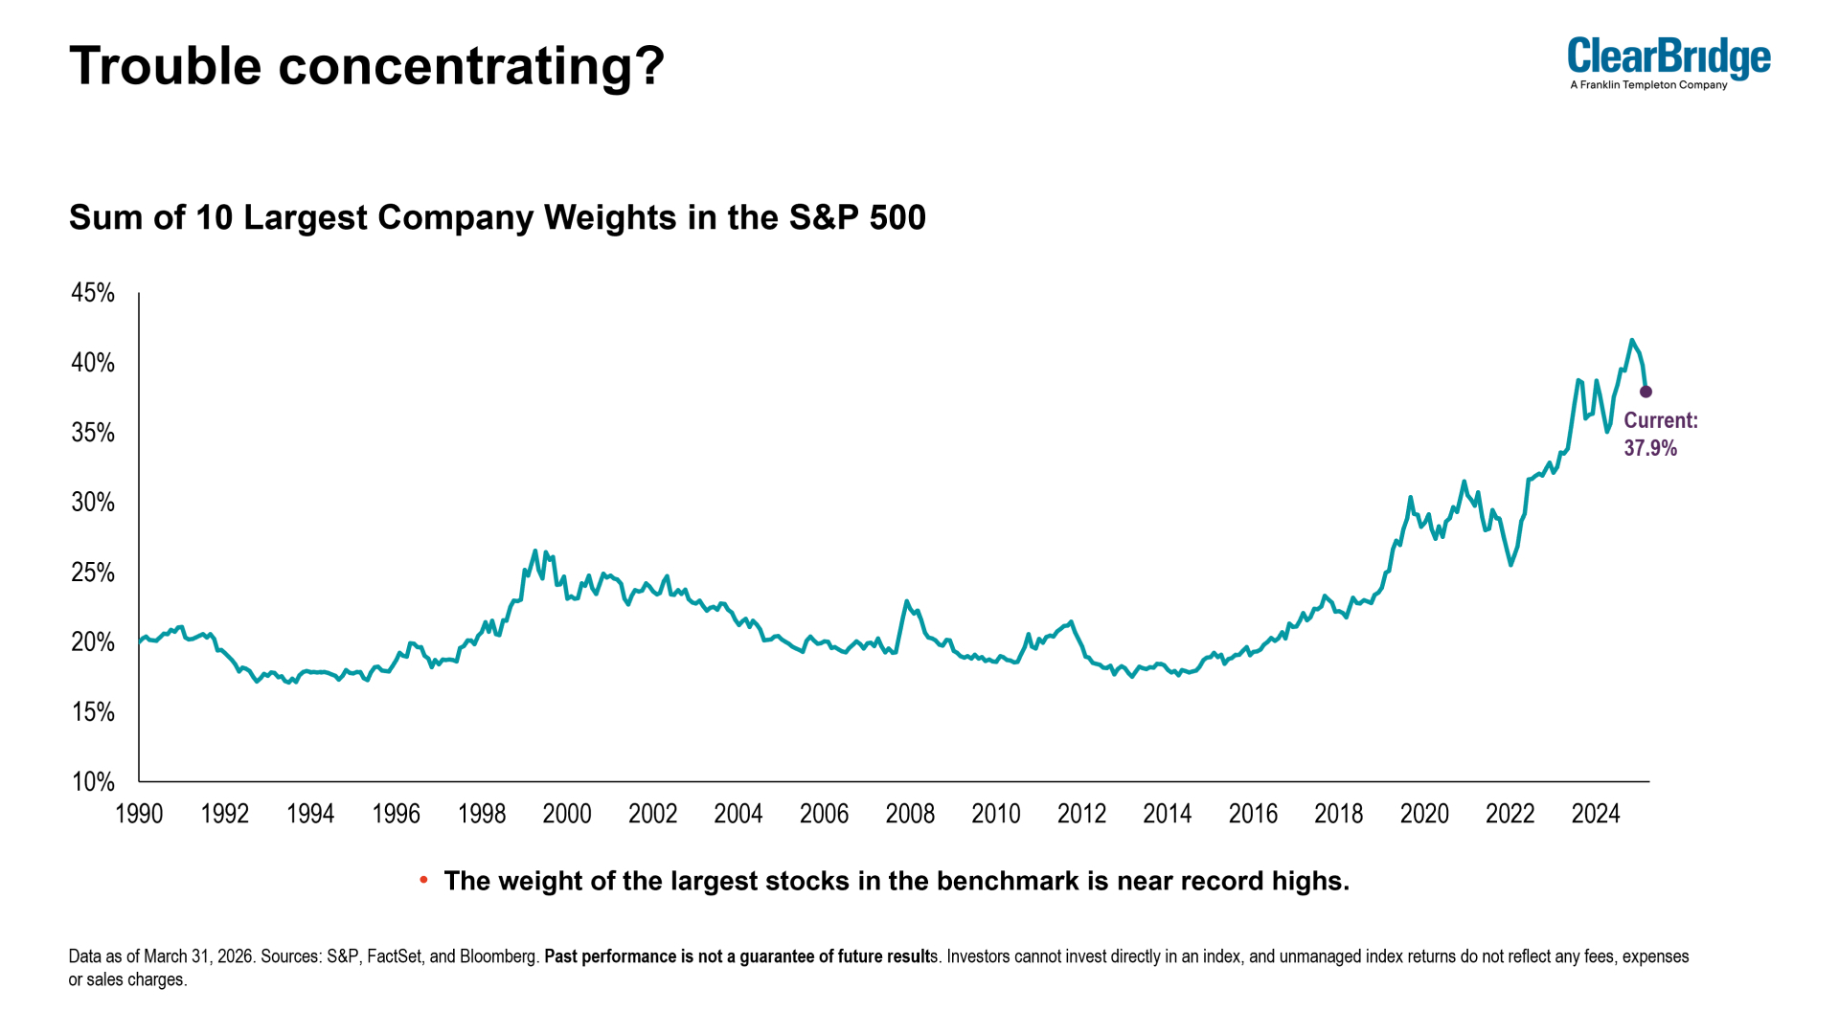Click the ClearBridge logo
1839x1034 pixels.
[x=1669, y=63]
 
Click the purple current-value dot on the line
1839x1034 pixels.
[x=1646, y=392]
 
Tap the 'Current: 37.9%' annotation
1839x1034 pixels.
[x=1661, y=435]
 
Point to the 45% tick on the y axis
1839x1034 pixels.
[x=93, y=293]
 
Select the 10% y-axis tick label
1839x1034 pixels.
[x=93, y=782]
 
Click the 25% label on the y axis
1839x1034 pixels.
[x=93, y=573]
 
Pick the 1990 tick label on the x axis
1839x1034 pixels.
[x=139, y=814]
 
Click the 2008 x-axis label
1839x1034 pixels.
[x=910, y=814]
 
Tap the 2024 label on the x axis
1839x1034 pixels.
[x=1596, y=814]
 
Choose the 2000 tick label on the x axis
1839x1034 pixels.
[x=567, y=814]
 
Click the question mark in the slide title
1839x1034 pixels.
[x=651, y=65]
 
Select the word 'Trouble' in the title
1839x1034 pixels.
[x=166, y=65]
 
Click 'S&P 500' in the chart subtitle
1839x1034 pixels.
[x=857, y=217]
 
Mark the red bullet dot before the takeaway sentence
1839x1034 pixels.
[x=423, y=880]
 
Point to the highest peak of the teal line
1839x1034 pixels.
[x=1632, y=340]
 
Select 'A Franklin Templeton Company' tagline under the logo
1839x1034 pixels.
[x=1648, y=85]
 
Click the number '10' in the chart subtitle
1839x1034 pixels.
[x=215, y=217]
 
